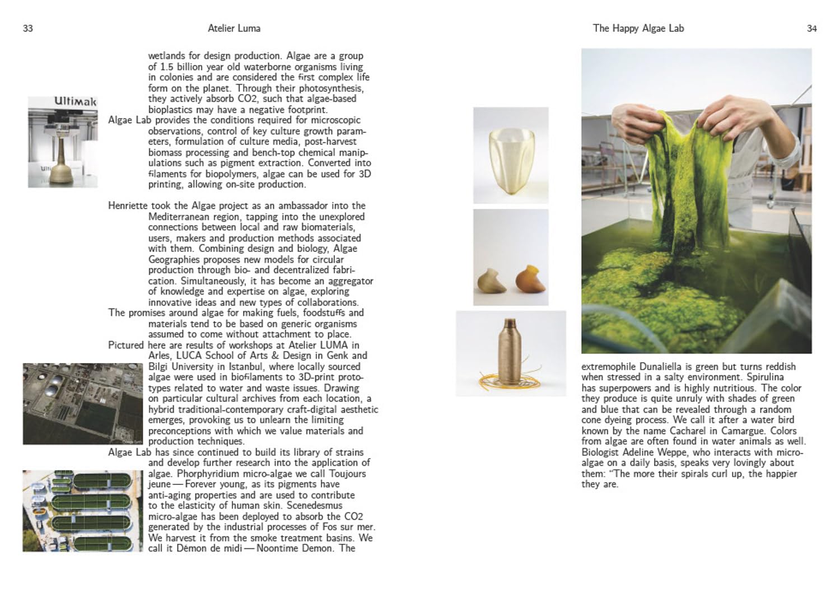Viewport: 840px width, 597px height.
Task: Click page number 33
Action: pyautogui.click(x=28, y=29)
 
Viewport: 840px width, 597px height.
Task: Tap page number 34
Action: pyautogui.click(x=811, y=29)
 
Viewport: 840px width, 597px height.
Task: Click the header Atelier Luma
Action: pyautogui.click(x=234, y=28)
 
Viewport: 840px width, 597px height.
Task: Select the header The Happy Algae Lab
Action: pyautogui.click(x=638, y=28)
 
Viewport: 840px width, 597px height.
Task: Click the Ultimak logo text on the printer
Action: pyautogui.click(x=75, y=101)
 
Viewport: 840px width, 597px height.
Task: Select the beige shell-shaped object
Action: pyautogui.click(x=492, y=281)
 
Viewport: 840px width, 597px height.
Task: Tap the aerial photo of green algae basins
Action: pyautogui.click(x=82, y=511)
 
